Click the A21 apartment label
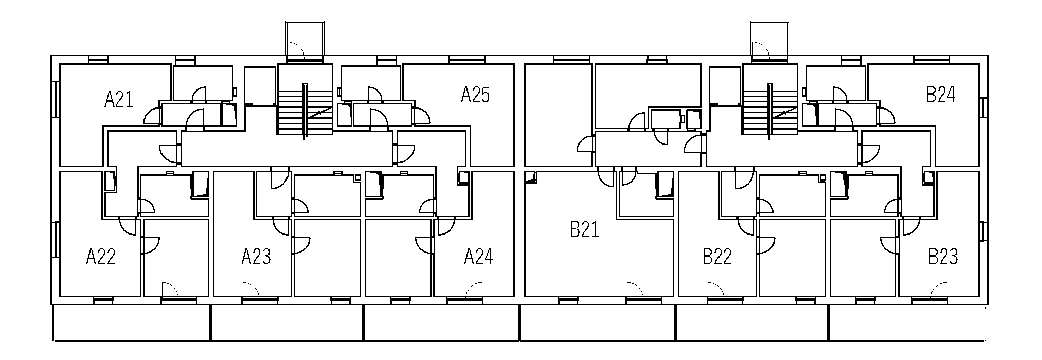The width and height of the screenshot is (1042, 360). click(119, 99)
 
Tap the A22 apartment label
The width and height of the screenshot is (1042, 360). click(101, 256)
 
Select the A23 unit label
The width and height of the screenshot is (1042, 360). click(256, 256)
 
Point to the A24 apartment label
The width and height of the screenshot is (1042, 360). click(478, 256)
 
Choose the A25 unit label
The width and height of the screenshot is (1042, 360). click(475, 95)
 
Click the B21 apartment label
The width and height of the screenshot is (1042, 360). click(584, 229)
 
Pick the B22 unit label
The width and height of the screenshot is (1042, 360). click(717, 256)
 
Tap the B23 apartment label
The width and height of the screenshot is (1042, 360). click(943, 256)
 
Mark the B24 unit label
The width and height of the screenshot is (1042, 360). click(941, 95)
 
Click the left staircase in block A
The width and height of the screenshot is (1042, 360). click(305, 107)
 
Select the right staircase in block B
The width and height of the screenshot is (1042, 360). click(769, 107)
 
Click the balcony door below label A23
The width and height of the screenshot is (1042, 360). click(250, 291)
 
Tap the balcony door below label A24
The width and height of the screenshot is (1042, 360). click(475, 291)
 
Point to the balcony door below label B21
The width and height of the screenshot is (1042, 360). click(636, 291)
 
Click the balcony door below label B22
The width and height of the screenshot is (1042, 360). click(716, 291)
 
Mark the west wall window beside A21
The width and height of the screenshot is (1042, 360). click(55, 98)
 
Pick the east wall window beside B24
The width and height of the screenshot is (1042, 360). click(983, 107)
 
